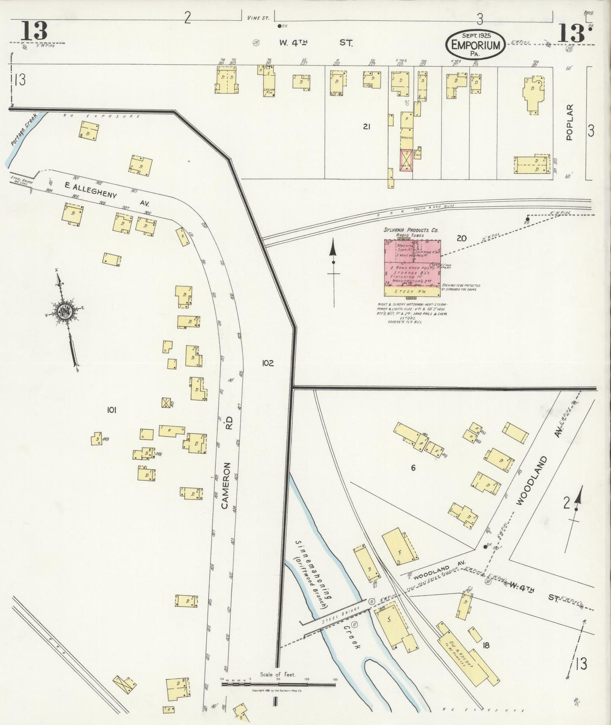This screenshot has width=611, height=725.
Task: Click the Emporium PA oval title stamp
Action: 475,44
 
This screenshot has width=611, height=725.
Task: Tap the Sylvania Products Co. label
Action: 411,230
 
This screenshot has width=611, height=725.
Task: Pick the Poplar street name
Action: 570,122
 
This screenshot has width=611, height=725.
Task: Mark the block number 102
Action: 268,363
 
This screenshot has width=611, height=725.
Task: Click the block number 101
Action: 112,409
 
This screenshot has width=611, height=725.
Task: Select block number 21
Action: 366,126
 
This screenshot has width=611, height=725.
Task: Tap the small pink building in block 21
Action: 406,160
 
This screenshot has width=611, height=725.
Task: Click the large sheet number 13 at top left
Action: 33,31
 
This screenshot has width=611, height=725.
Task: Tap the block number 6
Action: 413,468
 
